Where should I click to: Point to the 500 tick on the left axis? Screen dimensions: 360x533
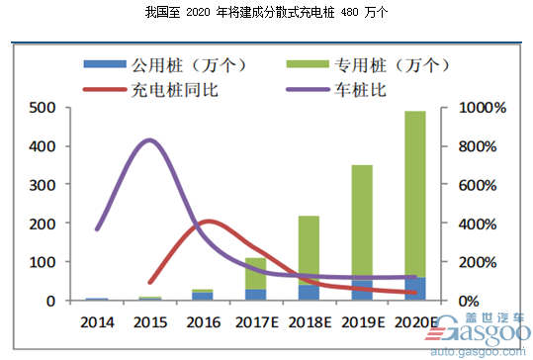[45, 108]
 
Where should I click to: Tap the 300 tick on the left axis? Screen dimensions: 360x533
[45, 185]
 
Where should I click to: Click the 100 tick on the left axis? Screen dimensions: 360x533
[45, 262]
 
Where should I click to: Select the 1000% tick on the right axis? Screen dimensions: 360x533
[487, 108]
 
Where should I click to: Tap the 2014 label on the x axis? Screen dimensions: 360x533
[97, 322]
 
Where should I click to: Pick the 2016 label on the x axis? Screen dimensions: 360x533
[203, 322]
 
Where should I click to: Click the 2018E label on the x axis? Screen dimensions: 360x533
[310, 322]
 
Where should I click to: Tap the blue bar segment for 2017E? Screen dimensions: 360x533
[256, 295]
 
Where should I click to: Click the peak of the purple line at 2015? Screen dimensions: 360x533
[148, 140]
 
